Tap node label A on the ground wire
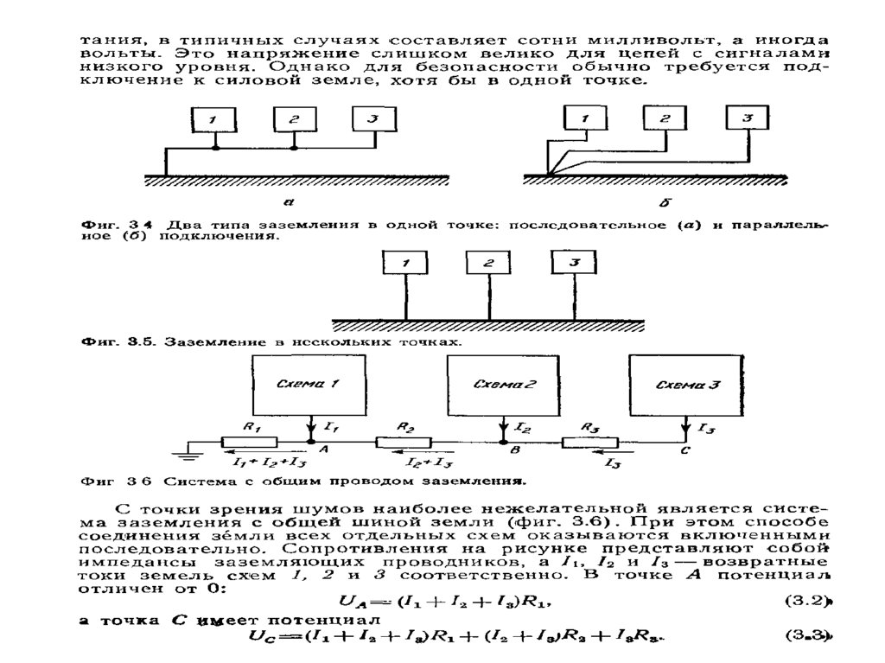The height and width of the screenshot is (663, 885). pyautogui.click(x=323, y=451)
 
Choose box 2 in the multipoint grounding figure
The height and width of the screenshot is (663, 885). pyautogui.click(x=489, y=263)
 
